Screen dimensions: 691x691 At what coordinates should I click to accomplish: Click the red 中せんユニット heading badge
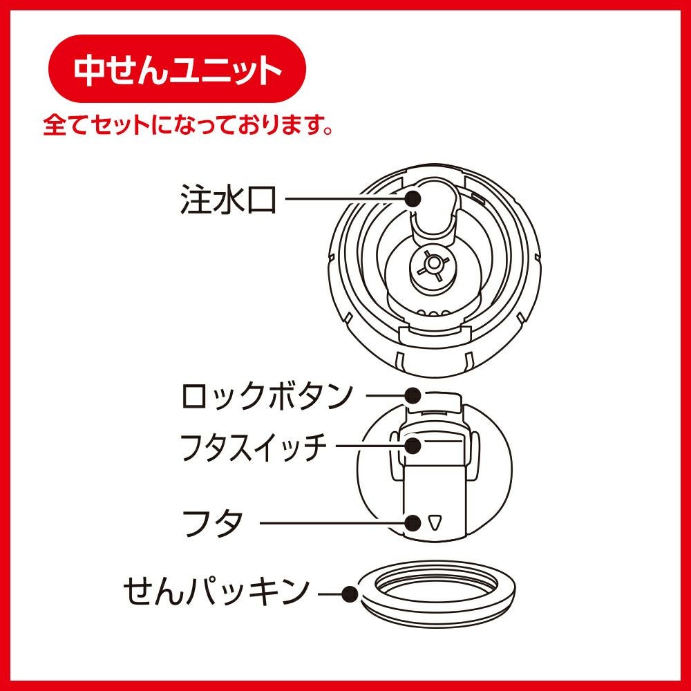(x=177, y=68)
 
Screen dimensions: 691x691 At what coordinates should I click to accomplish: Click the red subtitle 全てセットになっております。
(x=188, y=125)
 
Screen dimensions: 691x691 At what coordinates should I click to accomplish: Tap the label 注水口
(x=228, y=200)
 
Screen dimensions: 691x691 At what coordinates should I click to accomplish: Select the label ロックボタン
(x=267, y=396)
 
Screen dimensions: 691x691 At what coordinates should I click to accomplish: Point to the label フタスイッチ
(x=254, y=446)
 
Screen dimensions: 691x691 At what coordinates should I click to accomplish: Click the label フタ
(x=212, y=523)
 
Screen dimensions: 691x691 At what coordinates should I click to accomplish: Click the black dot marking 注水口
(x=413, y=199)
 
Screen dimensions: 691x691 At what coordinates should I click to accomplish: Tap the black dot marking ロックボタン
(x=413, y=396)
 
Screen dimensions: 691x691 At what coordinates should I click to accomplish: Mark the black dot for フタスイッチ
(x=413, y=446)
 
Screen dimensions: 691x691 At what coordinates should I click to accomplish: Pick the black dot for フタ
(x=413, y=523)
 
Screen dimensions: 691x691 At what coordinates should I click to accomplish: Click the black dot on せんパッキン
(x=350, y=594)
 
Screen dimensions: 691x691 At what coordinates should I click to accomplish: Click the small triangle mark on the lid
(x=435, y=522)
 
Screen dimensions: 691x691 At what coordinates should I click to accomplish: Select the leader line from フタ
(x=332, y=523)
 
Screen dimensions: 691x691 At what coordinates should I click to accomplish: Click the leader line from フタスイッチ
(x=370, y=446)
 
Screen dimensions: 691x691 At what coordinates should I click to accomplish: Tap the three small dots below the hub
(x=434, y=313)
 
